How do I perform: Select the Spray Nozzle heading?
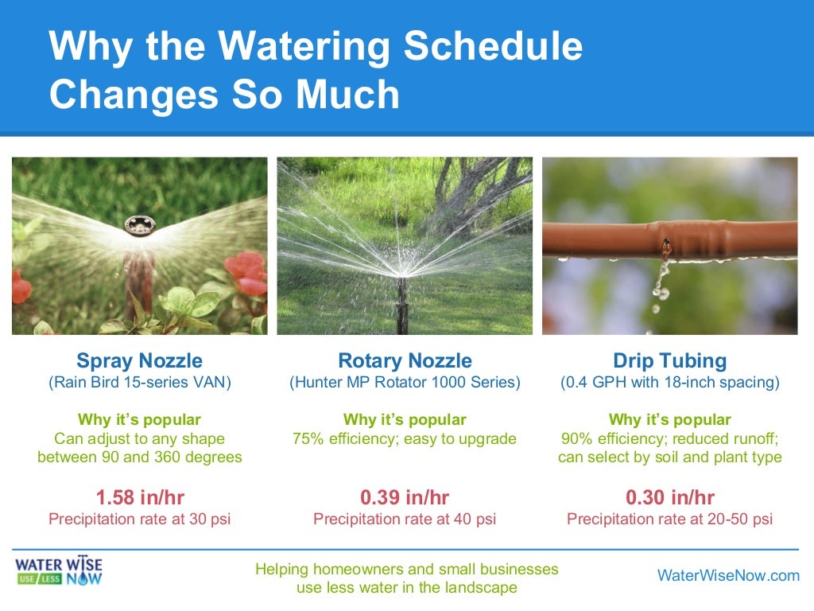(139, 360)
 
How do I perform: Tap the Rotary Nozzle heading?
(405, 360)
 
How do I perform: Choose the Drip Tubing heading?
(669, 360)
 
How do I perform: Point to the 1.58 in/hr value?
(139, 498)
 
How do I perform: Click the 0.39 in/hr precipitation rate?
(405, 498)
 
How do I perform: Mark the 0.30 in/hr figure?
(669, 498)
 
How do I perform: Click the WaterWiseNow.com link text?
(728, 576)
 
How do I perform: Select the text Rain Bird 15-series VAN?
(139, 383)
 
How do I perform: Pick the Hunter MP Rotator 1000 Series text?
(405, 383)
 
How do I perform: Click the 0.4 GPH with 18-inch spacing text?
(669, 383)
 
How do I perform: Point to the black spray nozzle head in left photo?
(139, 228)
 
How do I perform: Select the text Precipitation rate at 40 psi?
(405, 520)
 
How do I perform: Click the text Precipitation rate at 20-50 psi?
(669, 520)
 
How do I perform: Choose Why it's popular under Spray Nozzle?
(139, 419)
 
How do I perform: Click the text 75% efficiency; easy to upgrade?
(405, 438)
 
